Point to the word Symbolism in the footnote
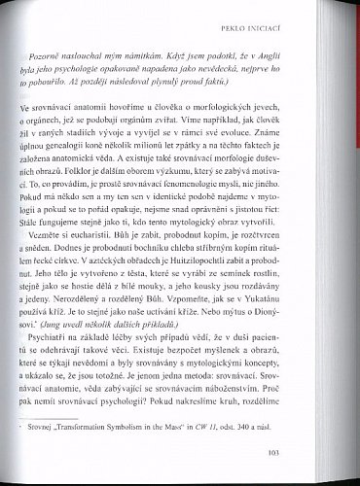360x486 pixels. [177, 423]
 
